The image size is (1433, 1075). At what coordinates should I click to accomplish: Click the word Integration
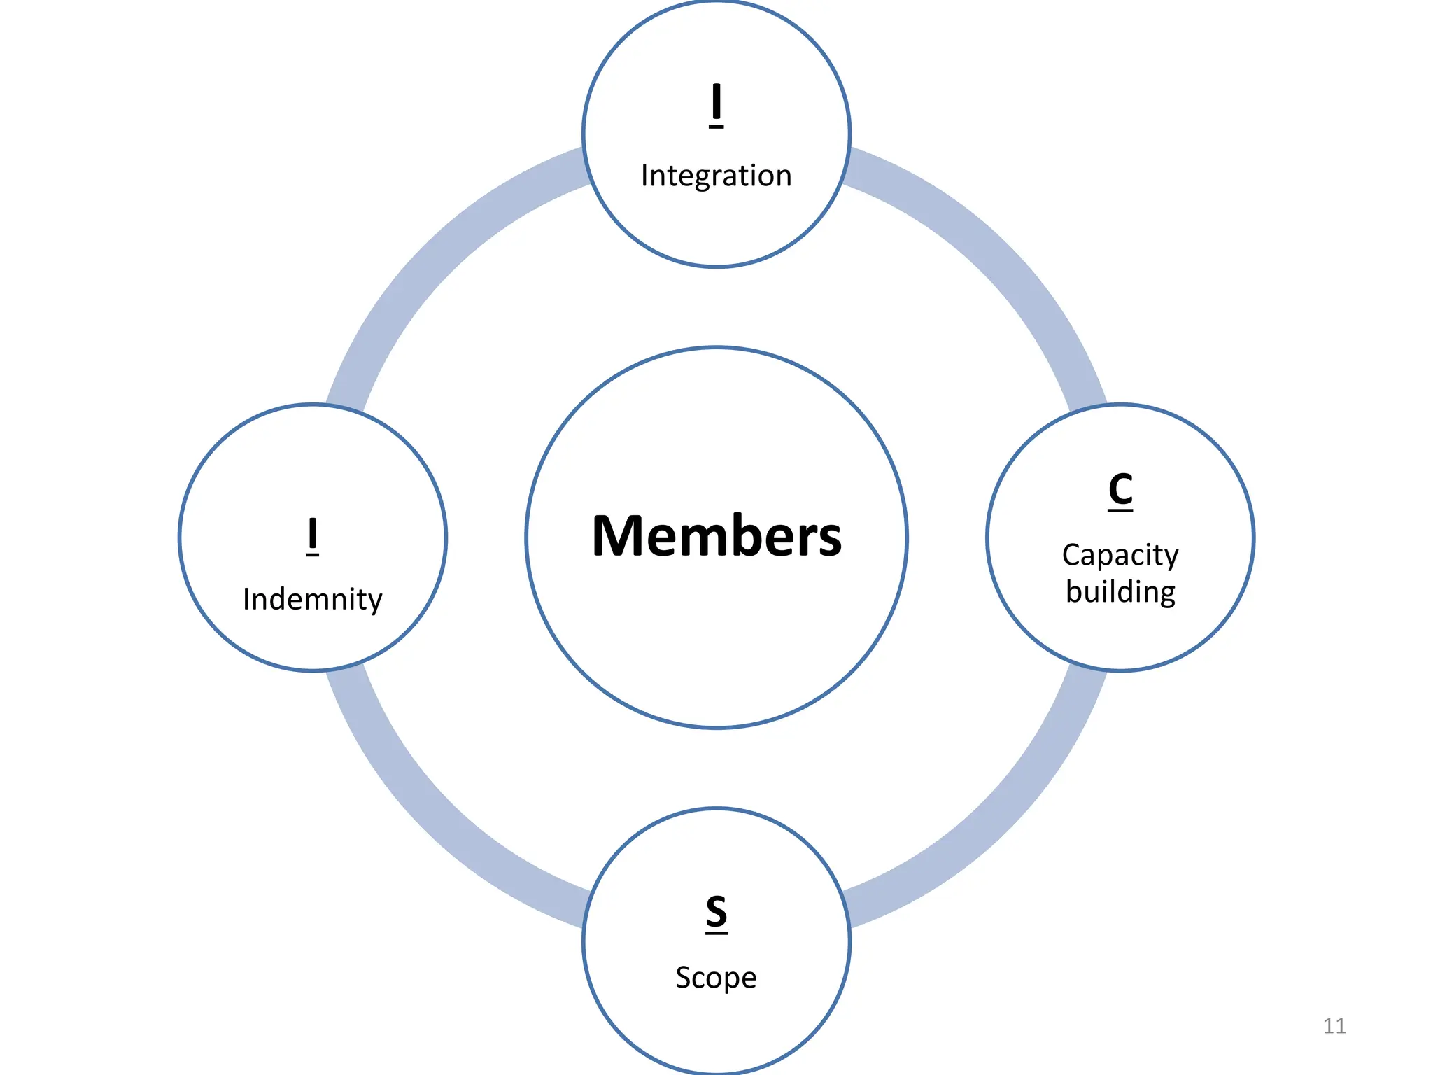(716, 176)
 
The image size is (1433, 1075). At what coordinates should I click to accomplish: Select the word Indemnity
(312, 600)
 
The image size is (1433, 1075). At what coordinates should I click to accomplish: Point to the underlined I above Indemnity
(313, 535)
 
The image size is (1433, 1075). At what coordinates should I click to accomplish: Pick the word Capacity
(1120, 555)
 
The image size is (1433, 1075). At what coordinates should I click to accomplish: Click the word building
(1120, 592)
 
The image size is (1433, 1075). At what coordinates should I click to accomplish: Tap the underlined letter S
(716, 912)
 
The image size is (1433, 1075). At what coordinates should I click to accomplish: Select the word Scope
(716, 978)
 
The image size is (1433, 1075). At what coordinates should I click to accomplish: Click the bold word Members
(716, 537)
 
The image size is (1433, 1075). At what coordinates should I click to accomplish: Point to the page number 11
(1334, 1026)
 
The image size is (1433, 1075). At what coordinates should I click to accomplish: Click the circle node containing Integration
(716, 224)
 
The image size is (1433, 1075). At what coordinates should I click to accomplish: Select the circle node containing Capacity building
(1120, 637)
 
